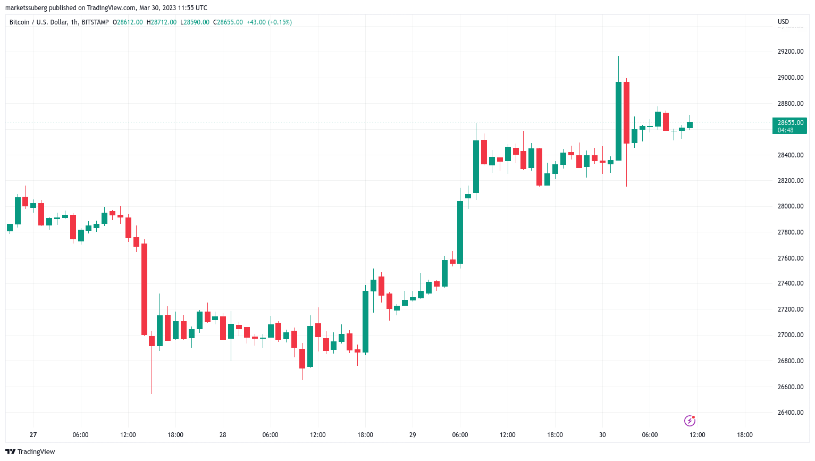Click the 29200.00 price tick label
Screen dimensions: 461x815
(x=790, y=52)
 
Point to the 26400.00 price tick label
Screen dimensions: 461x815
(x=790, y=413)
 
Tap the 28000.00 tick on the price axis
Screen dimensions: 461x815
(x=790, y=206)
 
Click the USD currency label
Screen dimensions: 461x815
(x=783, y=22)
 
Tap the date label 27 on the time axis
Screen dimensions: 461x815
(x=33, y=435)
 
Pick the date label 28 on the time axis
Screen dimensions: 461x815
(x=223, y=435)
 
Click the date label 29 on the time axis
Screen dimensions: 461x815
(x=413, y=435)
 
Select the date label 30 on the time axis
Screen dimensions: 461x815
(x=602, y=435)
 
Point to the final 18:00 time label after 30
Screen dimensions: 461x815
(x=744, y=435)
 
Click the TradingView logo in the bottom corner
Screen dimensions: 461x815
(x=30, y=452)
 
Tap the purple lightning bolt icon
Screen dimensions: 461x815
(x=690, y=421)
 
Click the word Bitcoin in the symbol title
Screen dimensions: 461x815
(x=20, y=22)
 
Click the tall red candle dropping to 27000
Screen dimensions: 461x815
(x=144, y=289)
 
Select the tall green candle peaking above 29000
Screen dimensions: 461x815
(x=618, y=121)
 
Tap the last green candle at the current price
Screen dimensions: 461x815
(x=690, y=125)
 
